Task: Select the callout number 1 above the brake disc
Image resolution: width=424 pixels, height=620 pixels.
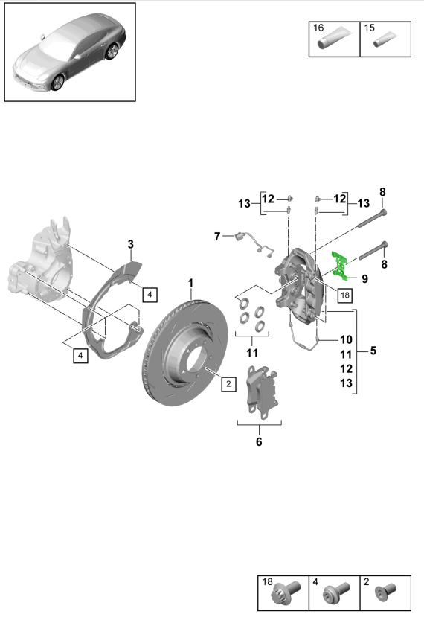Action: coord(190,283)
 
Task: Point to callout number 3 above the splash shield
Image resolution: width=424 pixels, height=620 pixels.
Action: coord(130,244)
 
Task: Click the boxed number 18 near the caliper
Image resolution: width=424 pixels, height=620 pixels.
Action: coord(343,295)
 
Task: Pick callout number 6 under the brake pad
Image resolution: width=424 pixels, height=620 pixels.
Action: coord(259,442)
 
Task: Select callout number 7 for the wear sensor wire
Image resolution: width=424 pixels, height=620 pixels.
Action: coord(217,237)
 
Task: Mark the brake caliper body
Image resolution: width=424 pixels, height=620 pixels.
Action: coord(301,287)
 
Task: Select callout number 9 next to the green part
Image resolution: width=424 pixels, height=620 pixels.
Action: coord(364,279)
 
